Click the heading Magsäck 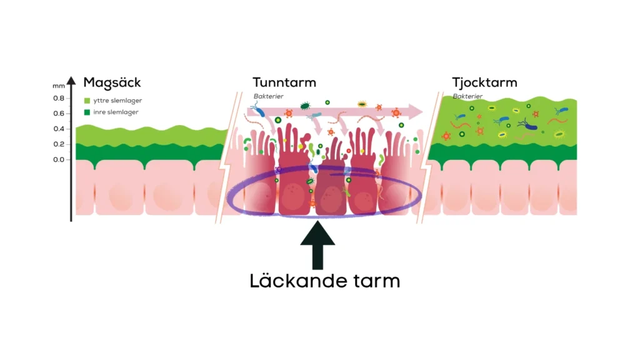pyautogui.click(x=112, y=83)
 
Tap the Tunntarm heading pyautogui.click(x=284, y=82)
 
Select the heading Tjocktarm pyautogui.click(x=484, y=83)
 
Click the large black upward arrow pyautogui.click(x=317, y=245)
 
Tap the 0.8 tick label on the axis pyautogui.click(x=59, y=98)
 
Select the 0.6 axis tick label pyautogui.click(x=59, y=114)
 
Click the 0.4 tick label pyautogui.click(x=59, y=129)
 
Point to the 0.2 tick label pyautogui.click(x=59, y=144)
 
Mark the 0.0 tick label pyautogui.click(x=59, y=159)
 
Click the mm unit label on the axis pyautogui.click(x=58, y=86)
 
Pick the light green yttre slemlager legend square pyautogui.click(x=87, y=101)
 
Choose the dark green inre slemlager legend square pyautogui.click(x=87, y=112)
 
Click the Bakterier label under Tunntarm pyautogui.click(x=268, y=96)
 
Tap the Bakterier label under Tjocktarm pyautogui.click(x=467, y=96)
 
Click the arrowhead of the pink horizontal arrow pyautogui.click(x=416, y=111)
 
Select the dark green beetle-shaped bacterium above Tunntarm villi pyautogui.click(x=305, y=106)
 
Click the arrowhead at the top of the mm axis pyautogui.click(x=71, y=81)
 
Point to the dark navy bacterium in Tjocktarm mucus pyautogui.click(x=527, y=125)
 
